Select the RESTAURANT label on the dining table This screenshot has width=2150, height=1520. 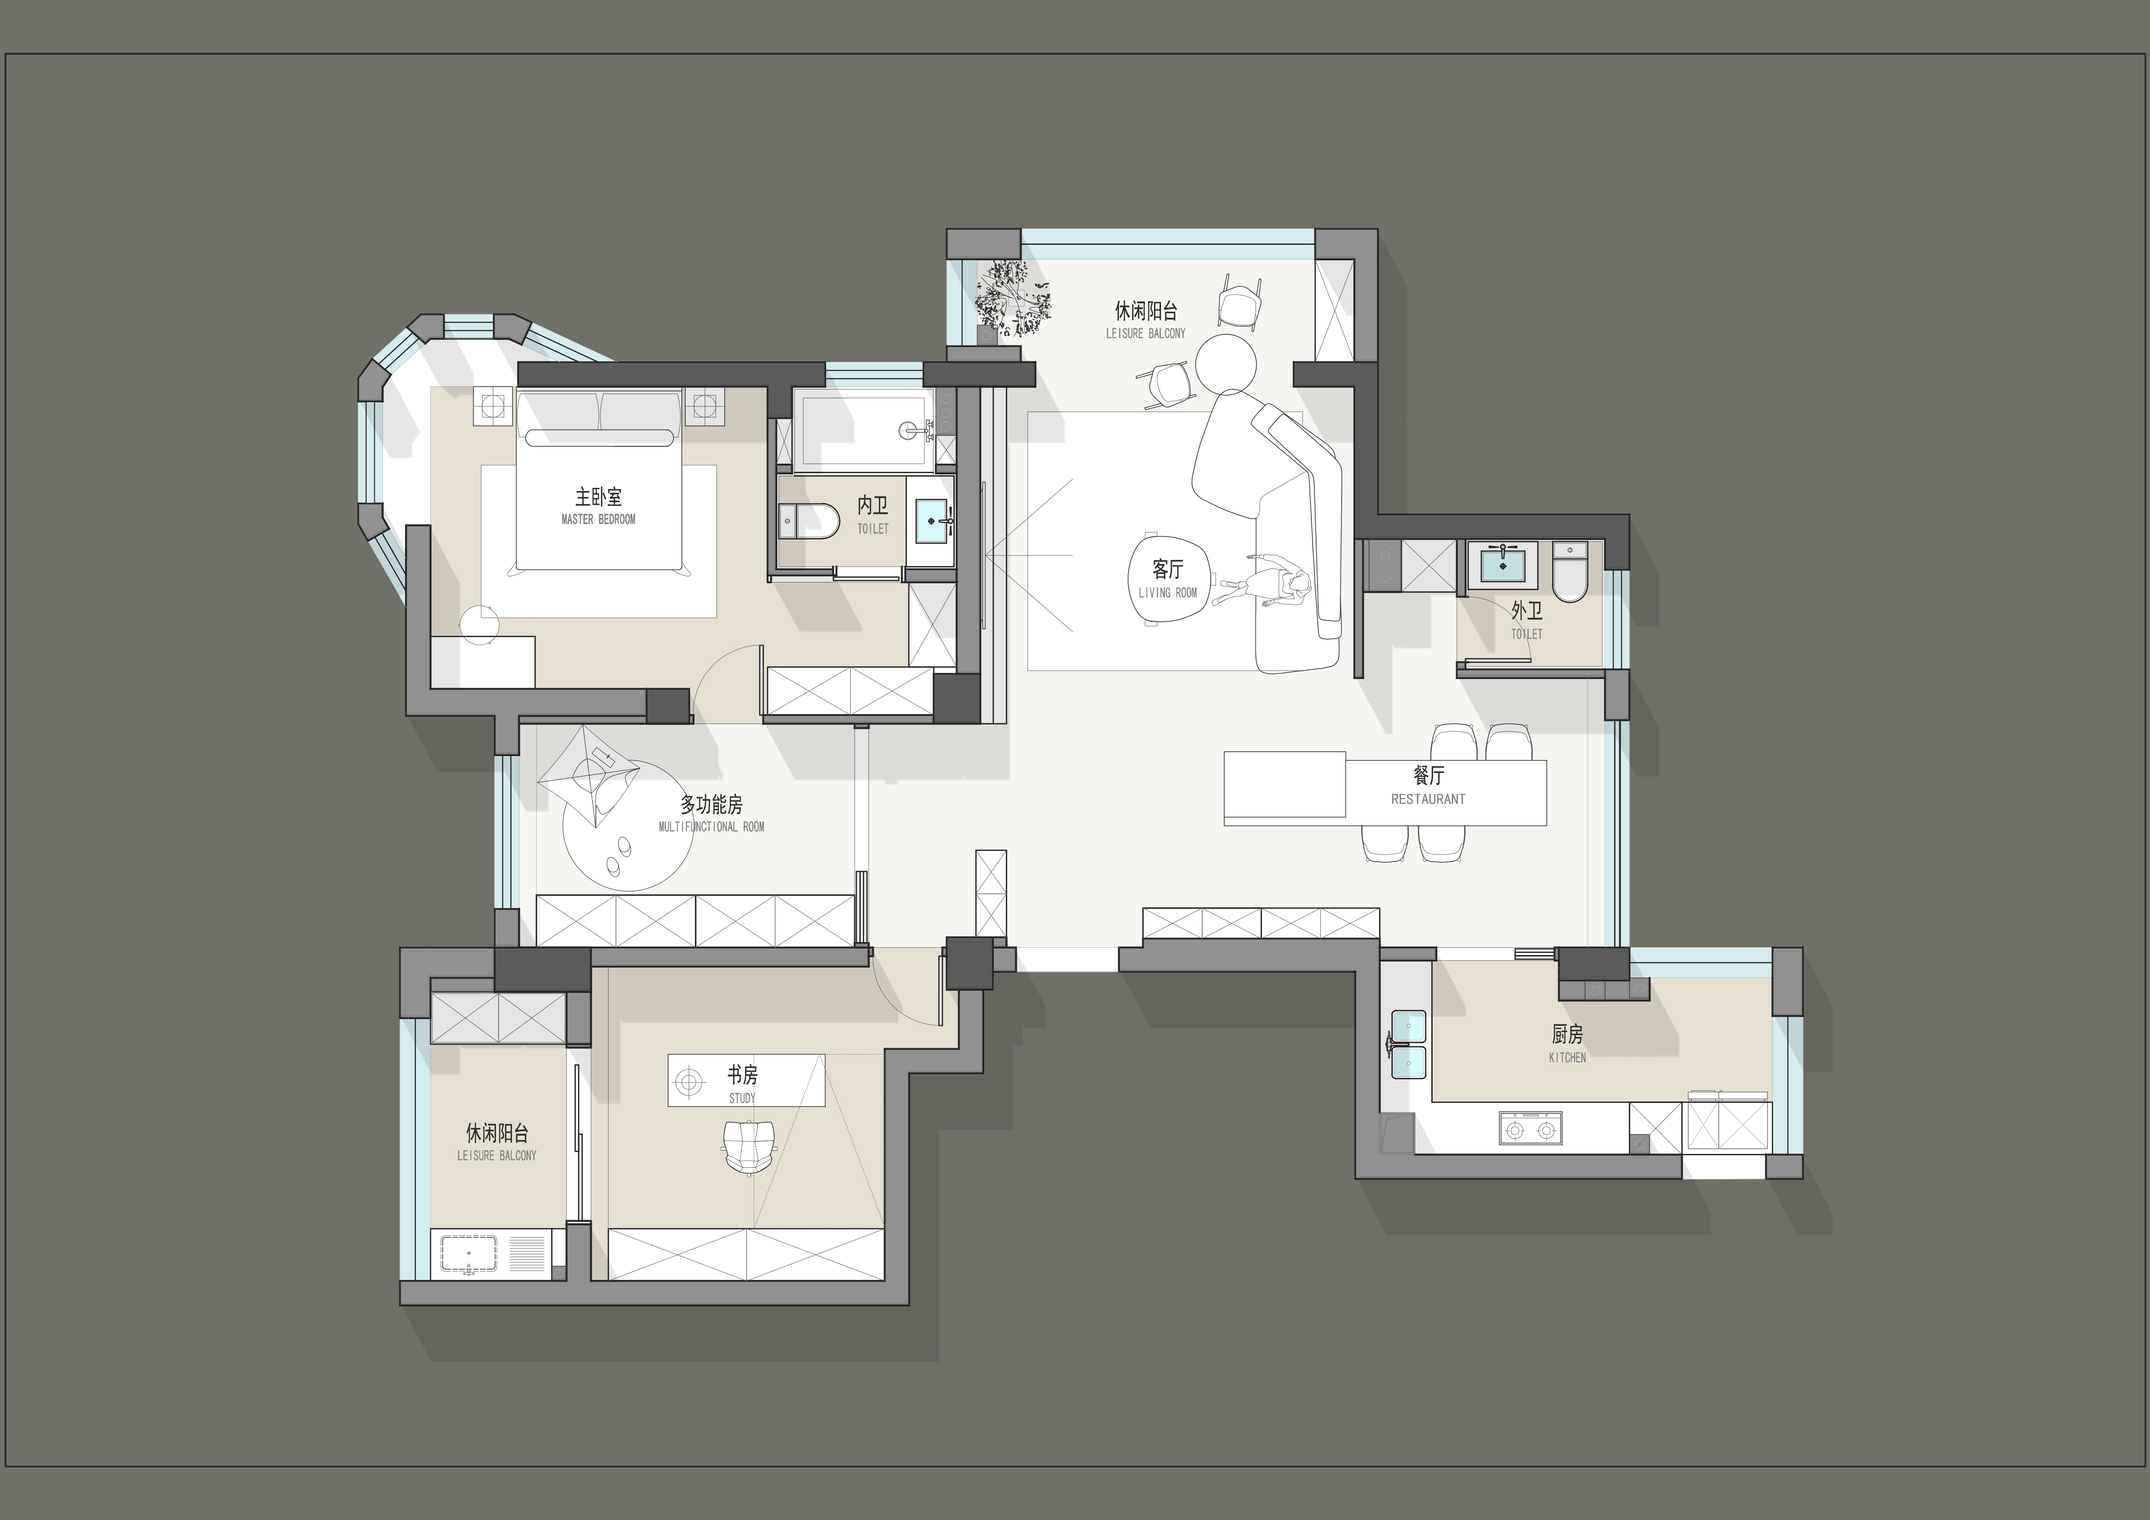coord(1428,799)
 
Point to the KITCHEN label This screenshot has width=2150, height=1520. coord(1567,1057)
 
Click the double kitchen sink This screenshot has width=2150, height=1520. coord(1408,1044)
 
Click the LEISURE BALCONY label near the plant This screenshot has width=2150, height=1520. coord(1145,333)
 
